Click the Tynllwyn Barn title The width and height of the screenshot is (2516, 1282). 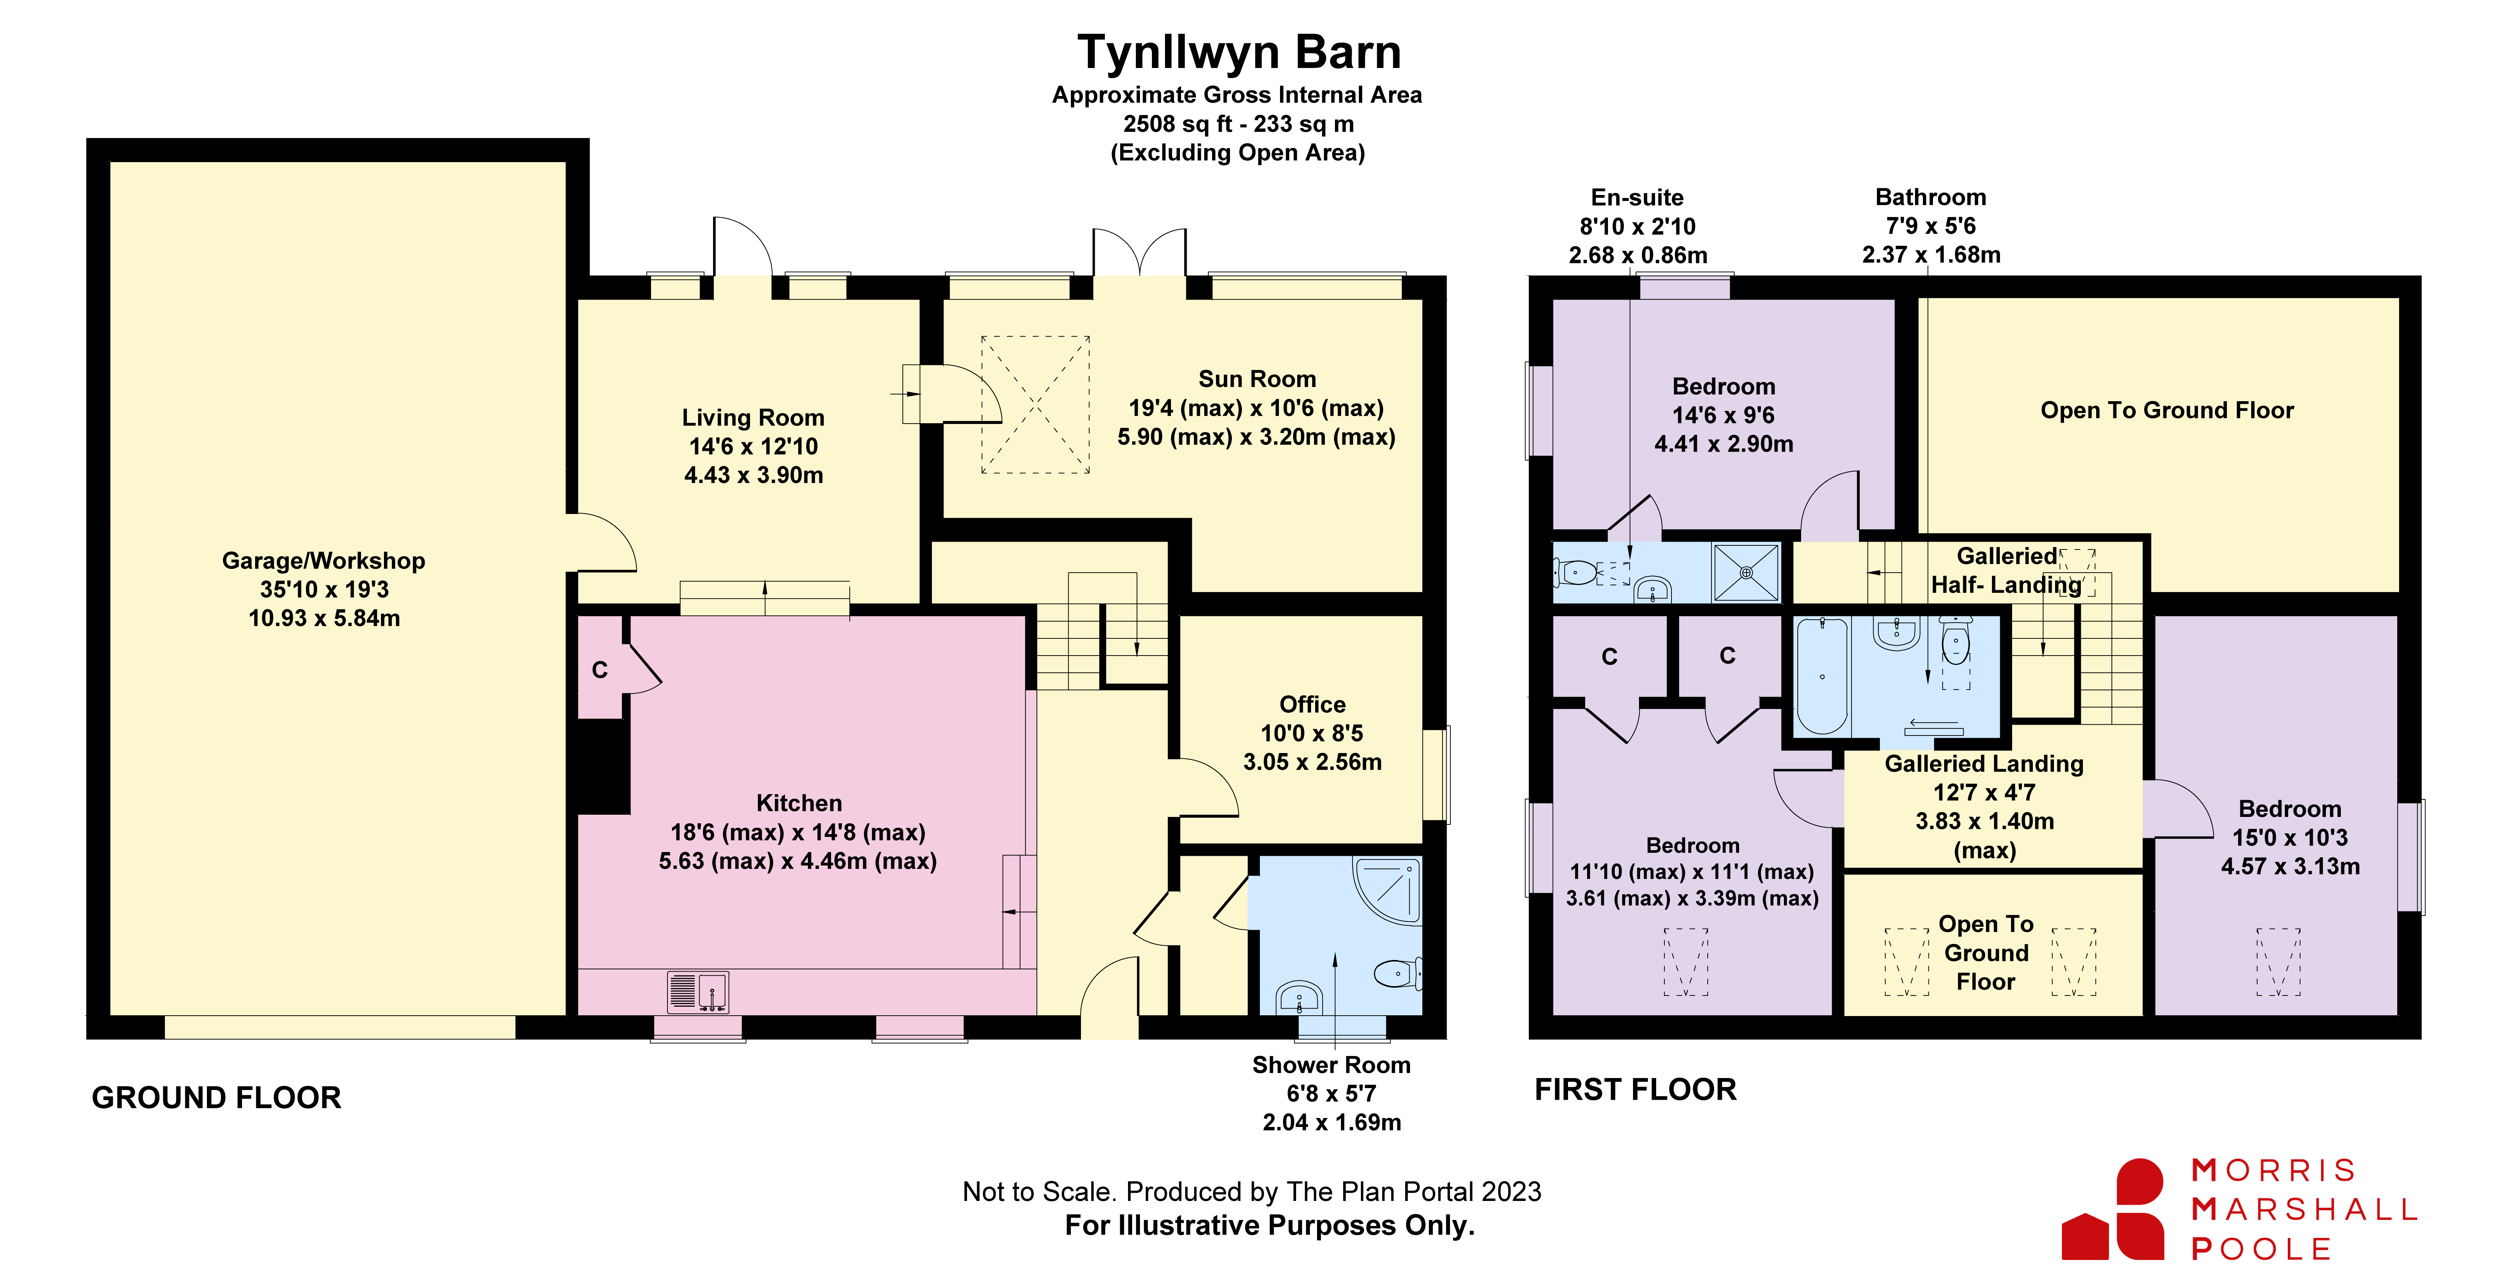pos(1239,53)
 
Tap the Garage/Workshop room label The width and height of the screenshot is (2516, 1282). pos(323,561)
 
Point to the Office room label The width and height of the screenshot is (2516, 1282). pos(1312,705)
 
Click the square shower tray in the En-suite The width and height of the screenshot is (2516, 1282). pos(1745,573)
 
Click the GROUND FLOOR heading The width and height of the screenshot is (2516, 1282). pos(216,1097)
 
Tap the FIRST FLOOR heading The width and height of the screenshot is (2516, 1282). pos(1635,1090)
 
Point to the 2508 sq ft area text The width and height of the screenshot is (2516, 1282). pos(1237,124)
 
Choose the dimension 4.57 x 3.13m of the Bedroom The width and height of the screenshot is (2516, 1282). pos(2289,867)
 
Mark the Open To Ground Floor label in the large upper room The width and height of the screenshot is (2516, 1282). pos(2166,411)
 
